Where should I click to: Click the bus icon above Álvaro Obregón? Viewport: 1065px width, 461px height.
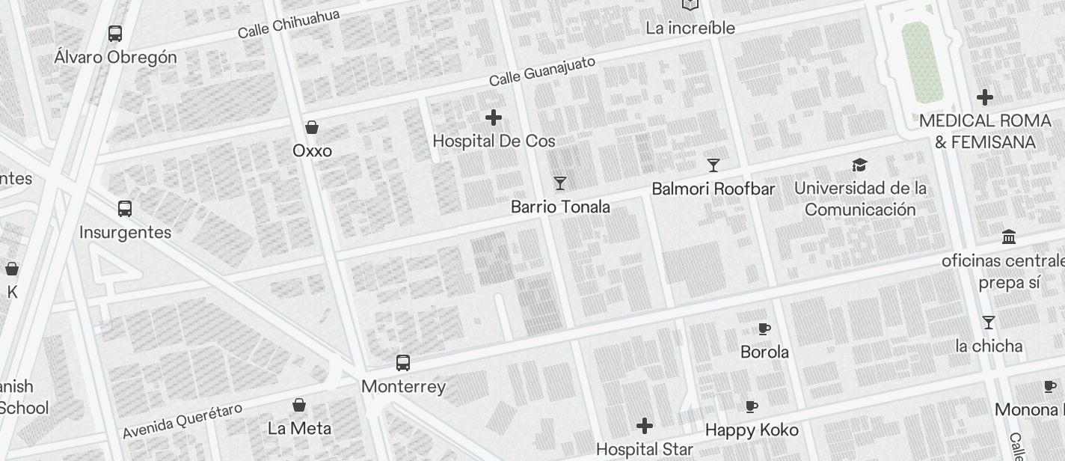click(115, 34)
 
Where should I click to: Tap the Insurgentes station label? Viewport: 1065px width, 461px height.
click(126, 232)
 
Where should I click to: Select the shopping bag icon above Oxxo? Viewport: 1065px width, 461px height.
click(312, 127)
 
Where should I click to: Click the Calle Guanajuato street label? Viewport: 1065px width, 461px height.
click(542, 70)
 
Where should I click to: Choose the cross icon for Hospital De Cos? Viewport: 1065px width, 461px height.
click(494, 117)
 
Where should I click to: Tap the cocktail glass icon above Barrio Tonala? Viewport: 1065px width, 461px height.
click(559, 183)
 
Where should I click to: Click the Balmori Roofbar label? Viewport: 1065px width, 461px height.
click(713, 189)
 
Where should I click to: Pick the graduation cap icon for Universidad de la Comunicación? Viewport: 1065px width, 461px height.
click(860, 165)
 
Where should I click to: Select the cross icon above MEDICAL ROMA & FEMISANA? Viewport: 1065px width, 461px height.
click(985, 97)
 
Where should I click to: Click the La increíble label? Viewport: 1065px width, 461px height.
click(690, 28)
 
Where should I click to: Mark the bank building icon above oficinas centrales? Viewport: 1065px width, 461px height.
click(1008, 237)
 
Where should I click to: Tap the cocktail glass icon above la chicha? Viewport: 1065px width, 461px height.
click(989, 323)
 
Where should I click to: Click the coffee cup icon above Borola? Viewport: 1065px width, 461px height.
click(764, 329)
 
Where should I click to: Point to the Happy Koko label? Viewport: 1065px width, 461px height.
click(752, 430)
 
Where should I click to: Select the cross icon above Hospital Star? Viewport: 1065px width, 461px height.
click(645, 426)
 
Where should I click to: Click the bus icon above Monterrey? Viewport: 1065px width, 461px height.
click(403, 363)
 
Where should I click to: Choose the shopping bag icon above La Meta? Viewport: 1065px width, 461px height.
click(299, 405)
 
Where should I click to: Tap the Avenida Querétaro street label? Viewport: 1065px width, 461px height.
click(182, 421)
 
